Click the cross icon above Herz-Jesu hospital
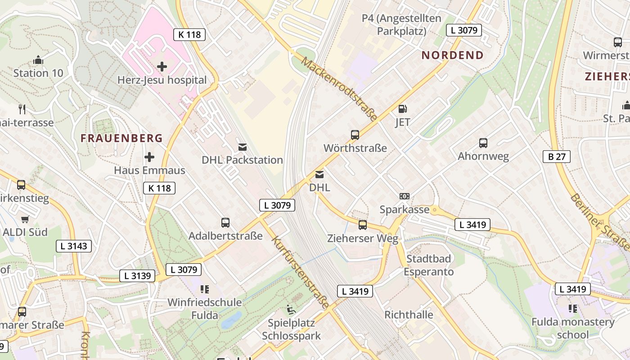tap(162, 67)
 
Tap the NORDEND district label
tap(452, 55)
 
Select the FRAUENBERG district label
tap(121, 138)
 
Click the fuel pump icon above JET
tap(403, 108)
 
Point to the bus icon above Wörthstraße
tap(355, 135)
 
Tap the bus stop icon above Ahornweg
tap(483, 143)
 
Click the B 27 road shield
tap(557, 157)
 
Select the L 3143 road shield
tap(74, 246)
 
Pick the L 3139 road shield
tap(137, 276)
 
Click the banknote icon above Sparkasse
tap(405, 196)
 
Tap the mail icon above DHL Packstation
tap(243, 147)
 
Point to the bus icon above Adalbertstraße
tap(225, 223)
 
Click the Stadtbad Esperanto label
tap(428, 265)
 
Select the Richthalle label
tap(409, 315)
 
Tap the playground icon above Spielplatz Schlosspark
tap(291, 309)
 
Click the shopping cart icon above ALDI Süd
tap(25, 219)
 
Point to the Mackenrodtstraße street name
tap(339, 89)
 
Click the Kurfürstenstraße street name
tap(300, 272)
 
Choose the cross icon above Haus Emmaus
tap(149, 157)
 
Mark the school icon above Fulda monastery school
tap(573, 309)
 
